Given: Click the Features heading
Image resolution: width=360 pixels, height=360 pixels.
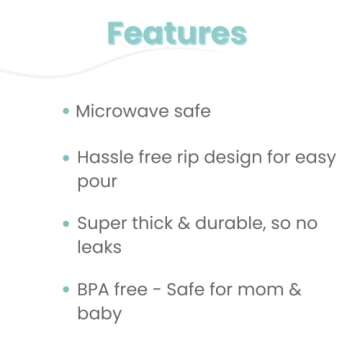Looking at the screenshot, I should tap(177, 34).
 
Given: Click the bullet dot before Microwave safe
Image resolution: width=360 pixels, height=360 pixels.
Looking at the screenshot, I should tap(66, 112).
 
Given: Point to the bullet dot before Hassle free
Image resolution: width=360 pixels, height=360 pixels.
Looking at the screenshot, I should tap(66, 159).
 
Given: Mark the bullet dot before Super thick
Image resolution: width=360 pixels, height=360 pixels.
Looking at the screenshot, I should tap(66, 225).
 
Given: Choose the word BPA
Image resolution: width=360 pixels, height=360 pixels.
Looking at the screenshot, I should tap(95, 290).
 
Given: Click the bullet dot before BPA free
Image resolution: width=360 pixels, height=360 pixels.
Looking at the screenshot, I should tap(66, 291).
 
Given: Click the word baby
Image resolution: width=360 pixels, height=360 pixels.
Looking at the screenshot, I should tap(100, 315).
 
